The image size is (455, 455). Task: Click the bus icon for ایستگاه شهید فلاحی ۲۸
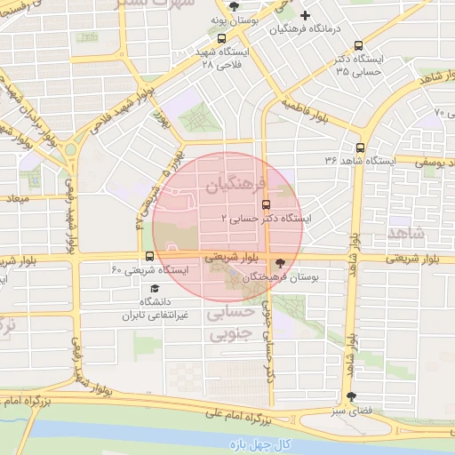click(x=221, y=39)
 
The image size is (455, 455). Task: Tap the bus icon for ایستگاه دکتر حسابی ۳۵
click(x=358, y=46)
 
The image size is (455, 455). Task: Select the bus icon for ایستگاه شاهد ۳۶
click(x=360, y=148)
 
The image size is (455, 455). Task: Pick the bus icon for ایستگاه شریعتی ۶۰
click(x=148, y=257)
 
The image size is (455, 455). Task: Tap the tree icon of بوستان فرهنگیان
click(x=282, y=263)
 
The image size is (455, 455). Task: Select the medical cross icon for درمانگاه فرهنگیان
click(x=305, y=15)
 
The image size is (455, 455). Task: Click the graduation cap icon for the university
click(x=155, y=289)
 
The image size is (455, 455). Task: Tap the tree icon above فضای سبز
click(x=352, y=397)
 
